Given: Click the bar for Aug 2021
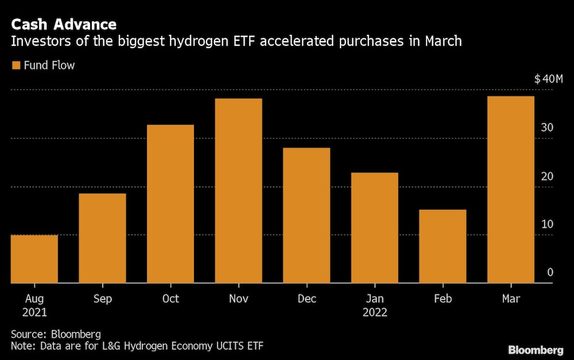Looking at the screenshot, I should coord(34,259).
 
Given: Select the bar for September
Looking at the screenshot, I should coord(102,238).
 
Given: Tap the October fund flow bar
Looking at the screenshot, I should coord(170,204).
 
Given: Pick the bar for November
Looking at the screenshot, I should coord(238,191).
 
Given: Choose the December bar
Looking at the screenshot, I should coord(307,215).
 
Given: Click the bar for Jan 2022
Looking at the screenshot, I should coord(374,228).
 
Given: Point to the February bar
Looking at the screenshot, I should coord(443,246).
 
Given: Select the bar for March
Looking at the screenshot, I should coord(510,189).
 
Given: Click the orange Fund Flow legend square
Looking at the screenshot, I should coord(15,65).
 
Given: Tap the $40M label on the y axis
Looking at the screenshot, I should coord(548,79).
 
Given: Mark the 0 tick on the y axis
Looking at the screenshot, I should coord(550,272).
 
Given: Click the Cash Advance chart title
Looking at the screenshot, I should coord(64,25).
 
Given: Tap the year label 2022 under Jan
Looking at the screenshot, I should coord(374,313).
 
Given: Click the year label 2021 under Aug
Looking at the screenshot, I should coord(34,313).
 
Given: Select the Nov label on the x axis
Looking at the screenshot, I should coord(238,299).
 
